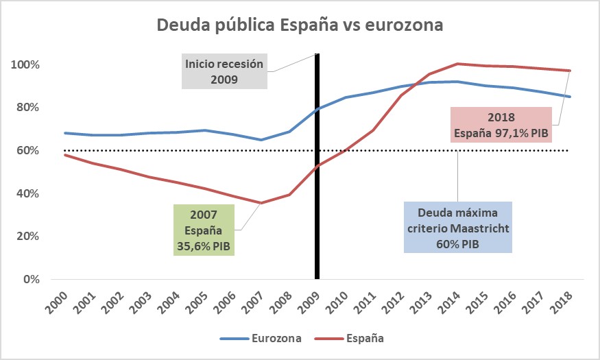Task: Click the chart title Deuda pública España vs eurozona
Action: [x=300, y=25]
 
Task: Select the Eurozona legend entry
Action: [x=264, y=338]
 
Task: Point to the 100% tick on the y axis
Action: [x=26, y=64]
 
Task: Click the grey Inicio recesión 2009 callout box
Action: [x=224, y=71]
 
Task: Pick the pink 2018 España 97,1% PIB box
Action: [x=501, y=124]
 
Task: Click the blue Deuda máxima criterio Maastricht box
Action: [x=457, y=227]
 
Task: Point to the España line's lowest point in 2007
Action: [x=261, y=203]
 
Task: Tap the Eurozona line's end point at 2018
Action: [x=570, y=97]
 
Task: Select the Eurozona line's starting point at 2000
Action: [x=64, y=133]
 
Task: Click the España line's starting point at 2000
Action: [x=64, y=155]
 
